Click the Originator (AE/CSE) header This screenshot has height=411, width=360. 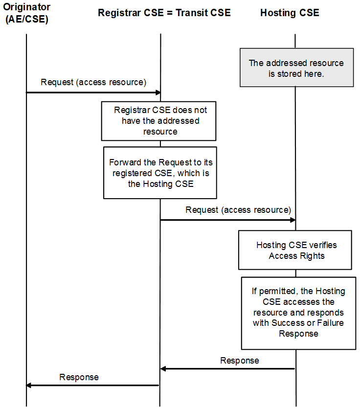[x=27, y=13]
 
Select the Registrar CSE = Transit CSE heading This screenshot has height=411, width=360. [x=164, y=13]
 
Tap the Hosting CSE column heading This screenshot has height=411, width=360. [x=290, y=13]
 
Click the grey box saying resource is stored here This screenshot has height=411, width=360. [x=296, y=68]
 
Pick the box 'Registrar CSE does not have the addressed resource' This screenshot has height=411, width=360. [x=159, y=121]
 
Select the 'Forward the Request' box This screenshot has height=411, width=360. [x=160, y=173]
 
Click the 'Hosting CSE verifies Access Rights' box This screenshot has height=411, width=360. [x=295, y=250]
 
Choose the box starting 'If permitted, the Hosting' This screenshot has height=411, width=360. [x=298, y=313]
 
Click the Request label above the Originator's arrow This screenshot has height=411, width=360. [x=93, y=82]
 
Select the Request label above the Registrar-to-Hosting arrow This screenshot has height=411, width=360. [x=238, y=210]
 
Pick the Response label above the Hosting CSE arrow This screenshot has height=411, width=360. [x=240, y=361]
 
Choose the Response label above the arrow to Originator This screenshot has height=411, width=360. [x=79, y=377]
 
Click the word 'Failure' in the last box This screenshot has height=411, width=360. [x=330, y=323]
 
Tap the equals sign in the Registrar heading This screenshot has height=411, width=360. [x=170, y=13]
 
